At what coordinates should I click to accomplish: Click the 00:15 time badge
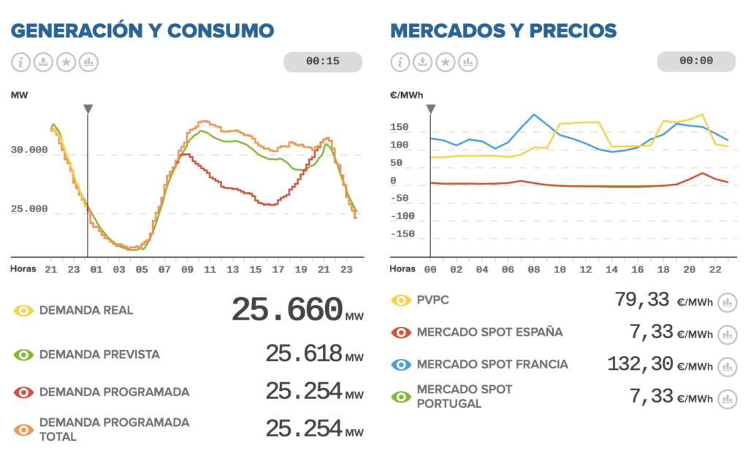(323, 61)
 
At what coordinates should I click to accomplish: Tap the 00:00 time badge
(696, 61)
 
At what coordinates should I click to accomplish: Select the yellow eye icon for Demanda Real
(24, 311)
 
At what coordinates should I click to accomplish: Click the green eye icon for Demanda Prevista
(24, 355)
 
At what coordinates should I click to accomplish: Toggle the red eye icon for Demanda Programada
(24, 393)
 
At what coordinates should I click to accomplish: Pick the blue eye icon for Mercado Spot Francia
(401, 365)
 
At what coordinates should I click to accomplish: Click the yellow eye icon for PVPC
(401, 301)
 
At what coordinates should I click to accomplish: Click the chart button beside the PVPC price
(727, 301)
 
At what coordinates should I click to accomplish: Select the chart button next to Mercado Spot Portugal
(727, 398)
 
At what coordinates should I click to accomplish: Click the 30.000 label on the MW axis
(29, 150)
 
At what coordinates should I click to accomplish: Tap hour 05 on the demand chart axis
(142, 269)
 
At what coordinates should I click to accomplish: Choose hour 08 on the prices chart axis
(534, 269)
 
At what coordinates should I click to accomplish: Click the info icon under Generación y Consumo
(21, 62)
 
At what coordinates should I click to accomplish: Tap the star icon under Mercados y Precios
(446, 62)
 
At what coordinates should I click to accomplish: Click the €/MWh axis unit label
(407, 95)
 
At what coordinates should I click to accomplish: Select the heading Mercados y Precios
(503, 31)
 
